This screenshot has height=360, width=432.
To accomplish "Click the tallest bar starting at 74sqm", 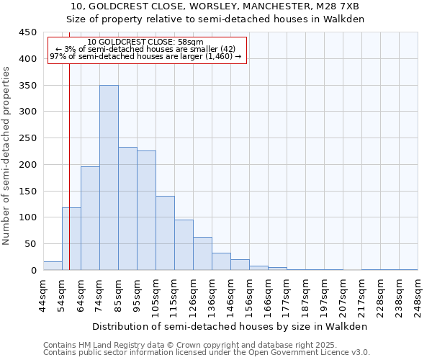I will [109, 178].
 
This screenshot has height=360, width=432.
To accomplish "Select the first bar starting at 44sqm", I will [53, 266].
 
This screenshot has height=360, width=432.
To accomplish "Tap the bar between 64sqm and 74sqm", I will [90, 218].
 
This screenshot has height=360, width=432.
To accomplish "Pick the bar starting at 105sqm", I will [165, 233].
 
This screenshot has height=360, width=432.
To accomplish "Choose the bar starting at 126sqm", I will [202, 253].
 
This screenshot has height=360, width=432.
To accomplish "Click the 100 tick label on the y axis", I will [27, 217].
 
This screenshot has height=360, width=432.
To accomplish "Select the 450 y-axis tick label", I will [27, 32].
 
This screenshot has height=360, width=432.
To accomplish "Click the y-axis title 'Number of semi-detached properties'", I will [7, 156].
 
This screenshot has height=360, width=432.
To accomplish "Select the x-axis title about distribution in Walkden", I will [230, 326].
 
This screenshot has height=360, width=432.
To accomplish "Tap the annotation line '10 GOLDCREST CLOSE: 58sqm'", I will [146, 42].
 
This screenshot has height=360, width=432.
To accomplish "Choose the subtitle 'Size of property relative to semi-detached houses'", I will [216, 19].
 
